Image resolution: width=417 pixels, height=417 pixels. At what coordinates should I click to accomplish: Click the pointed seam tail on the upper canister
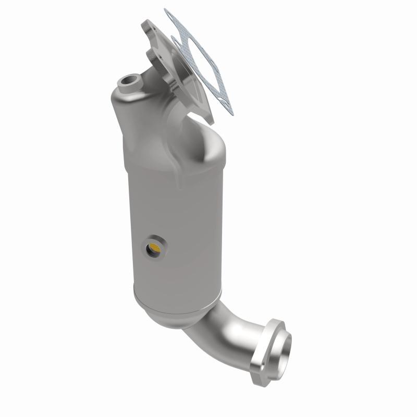(180, 185)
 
